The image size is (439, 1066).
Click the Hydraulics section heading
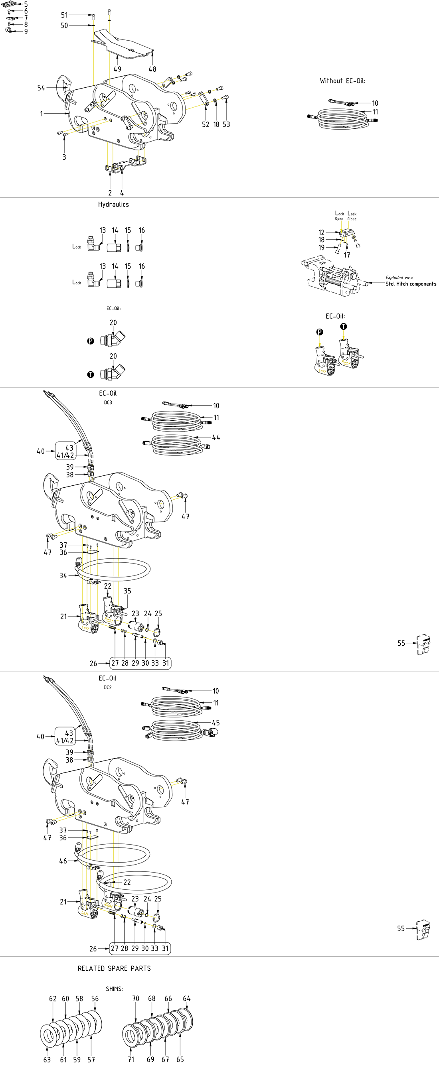point(113,205)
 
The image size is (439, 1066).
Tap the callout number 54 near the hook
point(41,88)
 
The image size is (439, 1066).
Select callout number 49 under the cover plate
point(117,69)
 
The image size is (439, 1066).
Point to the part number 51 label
point(64,15)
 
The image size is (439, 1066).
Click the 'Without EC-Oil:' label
point(342,81)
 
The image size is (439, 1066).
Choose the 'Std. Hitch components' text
point(411,284)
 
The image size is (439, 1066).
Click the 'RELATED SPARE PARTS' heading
point(114,968)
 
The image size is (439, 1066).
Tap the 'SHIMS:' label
point(114,989)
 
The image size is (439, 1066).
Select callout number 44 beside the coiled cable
point(216,437)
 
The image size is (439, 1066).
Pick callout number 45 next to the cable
point(216,723)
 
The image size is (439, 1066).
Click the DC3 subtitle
point(108,402)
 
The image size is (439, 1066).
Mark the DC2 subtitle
point(108,688)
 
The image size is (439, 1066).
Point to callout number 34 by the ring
point(63,575)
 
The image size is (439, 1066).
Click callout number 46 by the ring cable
point(63,861)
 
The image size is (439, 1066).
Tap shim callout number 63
point(47,1059)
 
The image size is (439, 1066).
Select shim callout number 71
point(131,1059)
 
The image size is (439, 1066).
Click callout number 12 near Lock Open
point(321,233)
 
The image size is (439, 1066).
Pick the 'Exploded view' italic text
point(399,278)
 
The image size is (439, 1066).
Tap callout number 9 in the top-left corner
point(26,32)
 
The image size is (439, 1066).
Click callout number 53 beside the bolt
point(226,124)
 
